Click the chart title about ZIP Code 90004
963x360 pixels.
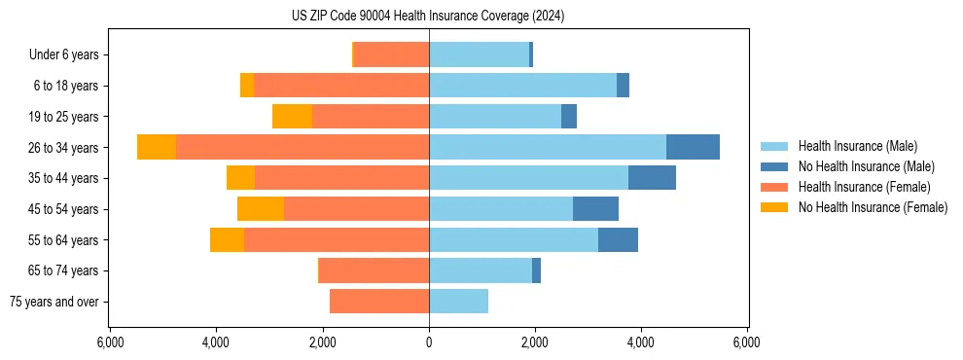[428, 17]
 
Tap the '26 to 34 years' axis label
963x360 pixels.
[63, 147]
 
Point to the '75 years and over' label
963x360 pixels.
[53, 302]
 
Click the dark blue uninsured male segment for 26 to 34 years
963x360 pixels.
[693, 147]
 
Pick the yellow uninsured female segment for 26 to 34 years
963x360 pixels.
[157, 147]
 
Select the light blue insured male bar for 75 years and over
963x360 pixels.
[458, 302]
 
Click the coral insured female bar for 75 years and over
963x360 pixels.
[379, 302]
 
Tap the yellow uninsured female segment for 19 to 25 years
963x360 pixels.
[292, 117]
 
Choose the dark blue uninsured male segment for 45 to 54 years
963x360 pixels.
[595, 209]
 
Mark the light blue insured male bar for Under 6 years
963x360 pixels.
[479, 54]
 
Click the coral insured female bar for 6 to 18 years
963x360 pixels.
[341, 86]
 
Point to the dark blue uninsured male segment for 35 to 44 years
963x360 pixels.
[652, 178]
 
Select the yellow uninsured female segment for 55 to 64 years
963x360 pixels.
[227, 240]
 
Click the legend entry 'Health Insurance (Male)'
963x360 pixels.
[857, 146]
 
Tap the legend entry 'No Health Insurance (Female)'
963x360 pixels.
[873, 207]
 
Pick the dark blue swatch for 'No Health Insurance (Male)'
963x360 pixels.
[774, 166]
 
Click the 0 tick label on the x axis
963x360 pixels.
[429, 342]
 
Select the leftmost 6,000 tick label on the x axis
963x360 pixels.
[110, 342]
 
